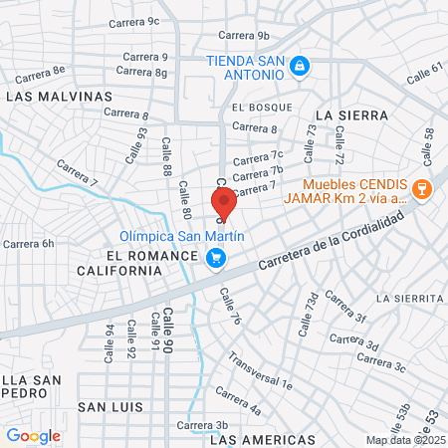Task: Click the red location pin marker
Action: [224, 202]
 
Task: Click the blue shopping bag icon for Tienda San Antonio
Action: [300, 67]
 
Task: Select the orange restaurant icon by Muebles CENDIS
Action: [421, 188]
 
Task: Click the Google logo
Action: [33, 435]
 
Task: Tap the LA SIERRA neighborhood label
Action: [351, 115]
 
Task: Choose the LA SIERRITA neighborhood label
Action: [409, 298]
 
